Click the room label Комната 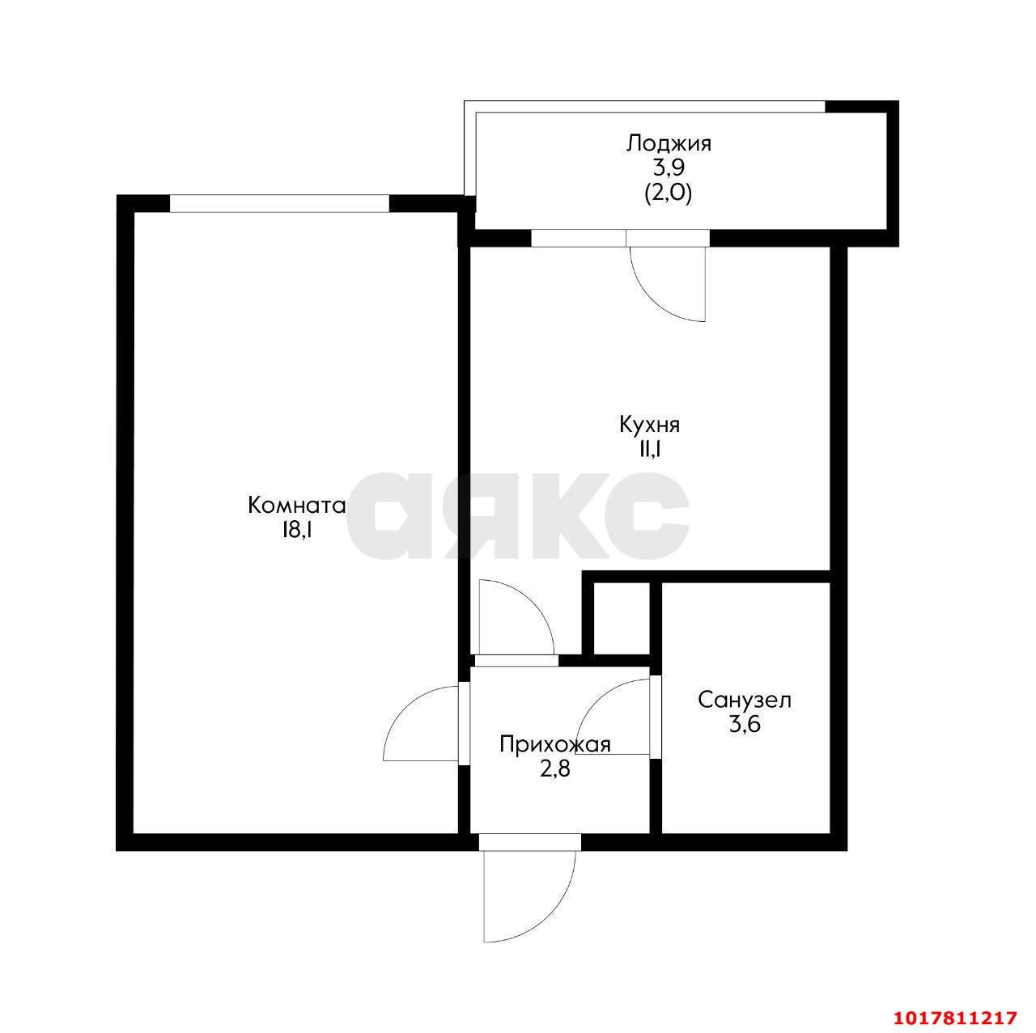click(296, 506)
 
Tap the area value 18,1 click(295, 531)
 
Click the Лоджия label click(669, 144)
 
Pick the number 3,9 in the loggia click(669, 168)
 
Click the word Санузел click(745, 701)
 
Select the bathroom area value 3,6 click(745, 725)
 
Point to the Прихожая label click(555, 745)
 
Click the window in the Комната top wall click(279, 203)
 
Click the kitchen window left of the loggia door click(579, 238)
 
